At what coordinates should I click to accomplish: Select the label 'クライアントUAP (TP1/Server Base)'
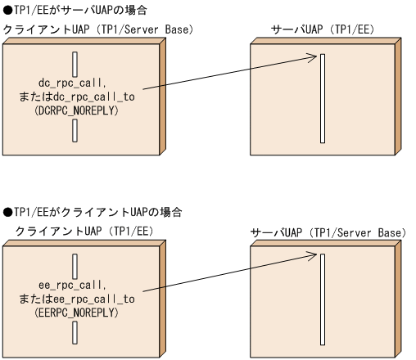coord(97,29)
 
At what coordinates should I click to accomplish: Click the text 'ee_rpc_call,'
coord(75,286)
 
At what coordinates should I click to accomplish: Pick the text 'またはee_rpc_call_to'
coord(75,299)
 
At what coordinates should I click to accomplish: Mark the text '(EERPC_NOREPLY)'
coord(75,313)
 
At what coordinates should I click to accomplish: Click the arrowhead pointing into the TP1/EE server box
coord(312,57)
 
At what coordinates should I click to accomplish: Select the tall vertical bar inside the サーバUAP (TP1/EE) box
coord(323,106)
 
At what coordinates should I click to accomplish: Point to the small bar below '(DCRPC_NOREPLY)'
coord(75,130)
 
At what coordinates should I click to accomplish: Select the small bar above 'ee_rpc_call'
coord(75,266)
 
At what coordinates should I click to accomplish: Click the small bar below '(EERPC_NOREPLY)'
coord(75,332)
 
